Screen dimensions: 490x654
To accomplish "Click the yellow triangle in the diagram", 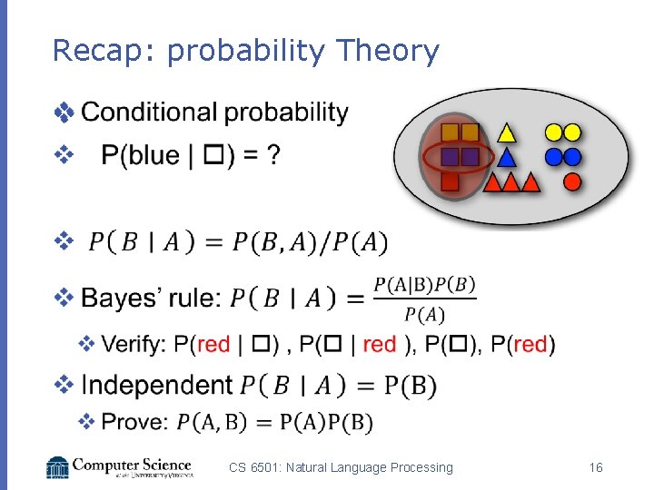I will click(x=507, y=133).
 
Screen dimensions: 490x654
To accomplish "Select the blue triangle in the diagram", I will click(x=507, y=158).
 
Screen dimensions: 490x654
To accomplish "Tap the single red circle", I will click(x=572, y=181).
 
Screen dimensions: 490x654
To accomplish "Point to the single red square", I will click(x=449, y=181).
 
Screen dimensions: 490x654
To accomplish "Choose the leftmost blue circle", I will click(x=553, y=157).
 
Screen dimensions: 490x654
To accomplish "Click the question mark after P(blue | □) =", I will click(x=272, y=156).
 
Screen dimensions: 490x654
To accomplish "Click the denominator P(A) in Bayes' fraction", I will click(x=424, y=315).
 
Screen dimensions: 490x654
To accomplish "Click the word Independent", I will click(x=157, y=385).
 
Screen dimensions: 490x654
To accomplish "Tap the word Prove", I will click(x=135, y=422).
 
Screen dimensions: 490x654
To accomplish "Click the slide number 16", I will click(x=596, y=467).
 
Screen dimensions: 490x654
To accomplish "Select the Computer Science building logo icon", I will click(x=57, y=466).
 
